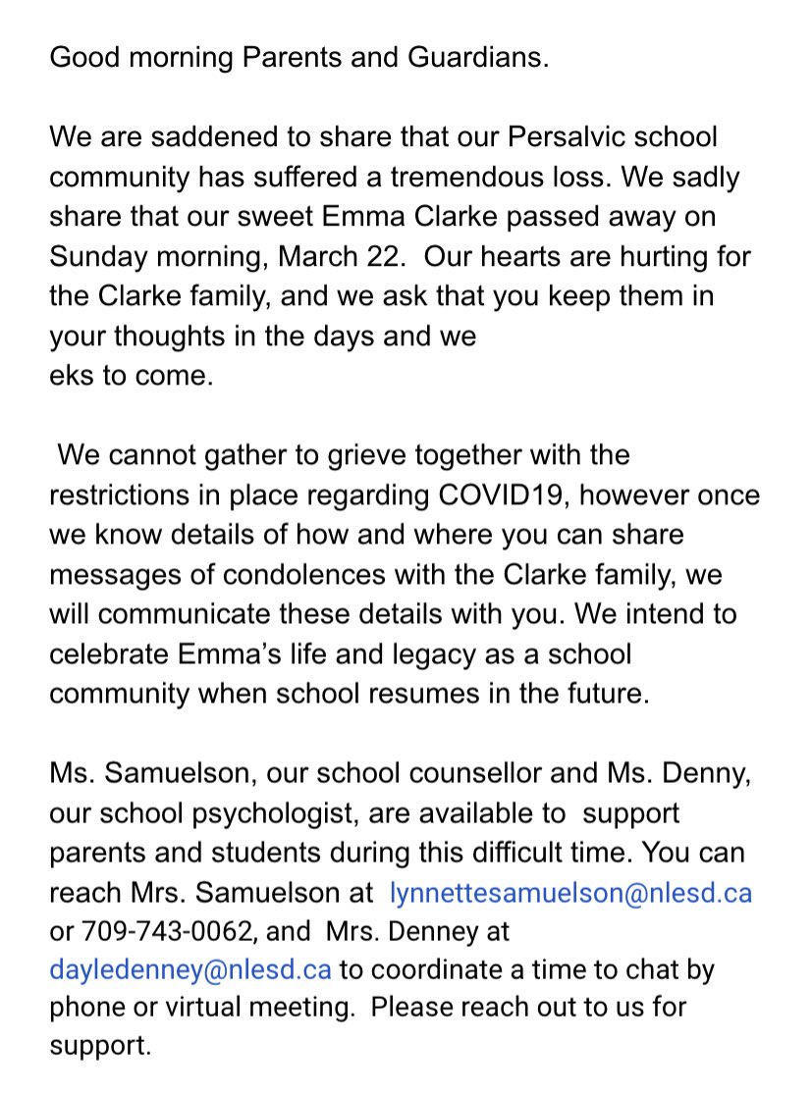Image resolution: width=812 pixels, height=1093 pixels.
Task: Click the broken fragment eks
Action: pos(75,376)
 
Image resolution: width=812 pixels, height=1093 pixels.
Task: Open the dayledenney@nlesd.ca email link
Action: pos(189,970)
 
